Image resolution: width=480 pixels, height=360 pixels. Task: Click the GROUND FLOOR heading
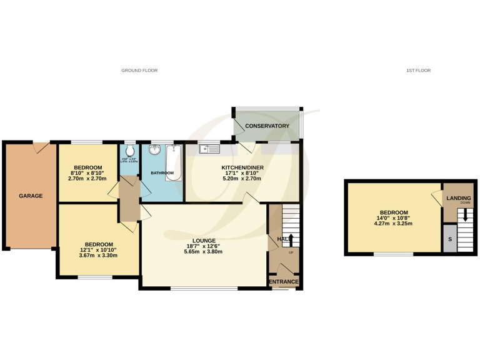tap(139, 71)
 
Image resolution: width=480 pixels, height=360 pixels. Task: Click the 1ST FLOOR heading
tap(418, 71)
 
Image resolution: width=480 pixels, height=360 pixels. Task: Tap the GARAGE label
tap(31, 196)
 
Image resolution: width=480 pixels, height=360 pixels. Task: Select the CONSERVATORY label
tap(267, 126)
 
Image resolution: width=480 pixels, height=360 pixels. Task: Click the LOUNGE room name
tap(204, 241)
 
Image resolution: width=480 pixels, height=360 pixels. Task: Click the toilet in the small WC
tap(129, 152)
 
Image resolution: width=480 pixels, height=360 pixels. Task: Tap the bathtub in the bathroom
tap(173, 162)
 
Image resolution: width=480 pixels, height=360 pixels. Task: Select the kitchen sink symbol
tap(208, 149)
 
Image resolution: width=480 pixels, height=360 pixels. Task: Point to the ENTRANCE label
tap(284, 282)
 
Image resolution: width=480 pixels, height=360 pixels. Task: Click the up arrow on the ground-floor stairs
tap(291, 239)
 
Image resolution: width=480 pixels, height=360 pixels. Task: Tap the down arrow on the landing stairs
tap(464, 216)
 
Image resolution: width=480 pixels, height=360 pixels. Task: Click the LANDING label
tap(458, 199)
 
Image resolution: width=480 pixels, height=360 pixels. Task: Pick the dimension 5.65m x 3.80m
tap(204, 252)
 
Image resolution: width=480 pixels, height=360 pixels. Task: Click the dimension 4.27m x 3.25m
tap(394, 224)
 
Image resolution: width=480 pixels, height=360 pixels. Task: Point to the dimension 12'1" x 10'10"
tap(99, 250)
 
